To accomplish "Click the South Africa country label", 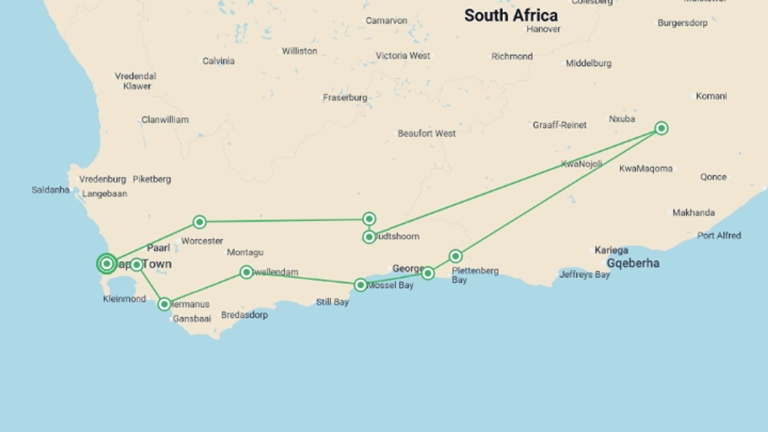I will [x=511, y=16].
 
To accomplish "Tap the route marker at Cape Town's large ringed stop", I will [x=107, y=264].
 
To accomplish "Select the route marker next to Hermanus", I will [x=164, y=304].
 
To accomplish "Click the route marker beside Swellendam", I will [x=246, y=272].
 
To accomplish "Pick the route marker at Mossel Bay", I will [x=360, y=285].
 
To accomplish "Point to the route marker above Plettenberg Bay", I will [x=456, y=256].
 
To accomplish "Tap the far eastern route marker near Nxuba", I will [x=662, y=128].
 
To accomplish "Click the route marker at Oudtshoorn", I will [x=369, y=237].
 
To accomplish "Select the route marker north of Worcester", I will [x=200, y=222].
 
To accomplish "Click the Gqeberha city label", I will [x=633, y=263].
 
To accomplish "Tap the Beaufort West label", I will [x=426, y=134].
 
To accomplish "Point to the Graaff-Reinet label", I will [x=559, y=125].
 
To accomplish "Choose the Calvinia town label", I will [x=218, y=61].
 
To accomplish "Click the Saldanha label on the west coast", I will [x=50, y=190].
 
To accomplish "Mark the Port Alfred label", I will [x=719, y=236].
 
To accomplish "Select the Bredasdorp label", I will [x=244, y=315].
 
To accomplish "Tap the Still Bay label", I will [x=332, y=302].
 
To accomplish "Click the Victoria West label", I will [x=402, y=56].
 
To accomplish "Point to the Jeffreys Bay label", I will [x=584, y=275].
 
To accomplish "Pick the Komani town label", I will [x=711, y=96].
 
